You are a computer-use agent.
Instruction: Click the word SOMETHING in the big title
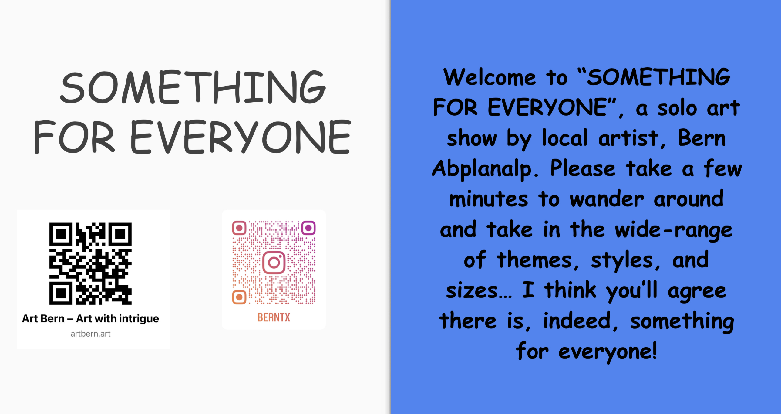pyautogui.click(x=193, y=87)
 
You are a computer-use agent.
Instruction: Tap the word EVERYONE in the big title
pyautogui.click(x=241, y=137)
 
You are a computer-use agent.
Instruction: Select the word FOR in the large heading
pyautogui.click(x=74, y=137)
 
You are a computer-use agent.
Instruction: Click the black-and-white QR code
pyautogui.click(x=90, y=263)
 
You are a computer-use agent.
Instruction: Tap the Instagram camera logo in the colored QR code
pyautogui.click(x=274, y=263)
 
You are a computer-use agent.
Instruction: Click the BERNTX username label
pyautogui.click(x=274, y=317)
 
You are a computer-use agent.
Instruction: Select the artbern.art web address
pyautogui.click(x=90, y=334)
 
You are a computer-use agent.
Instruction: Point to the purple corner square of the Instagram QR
pyautogui.click(x=308, y=228)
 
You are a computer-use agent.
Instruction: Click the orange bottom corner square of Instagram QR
pyautogui.click(x=239, y=297)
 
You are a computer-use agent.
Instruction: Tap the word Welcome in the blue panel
pyautogui.click(x=490, y=77)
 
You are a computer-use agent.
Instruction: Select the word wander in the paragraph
pyautogui.click(x=607, y=199)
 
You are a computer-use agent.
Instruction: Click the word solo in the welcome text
pyautogui.click(x=677, y=108)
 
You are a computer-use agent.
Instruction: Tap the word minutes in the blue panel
pyautogui.click(x=489, y=199)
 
